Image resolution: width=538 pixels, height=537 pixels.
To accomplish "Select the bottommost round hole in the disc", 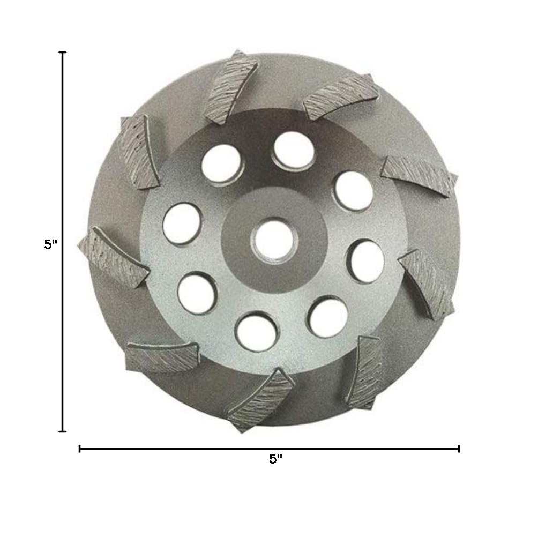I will click(252, 330).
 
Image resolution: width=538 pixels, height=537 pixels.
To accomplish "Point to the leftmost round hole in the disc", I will click(180, 221).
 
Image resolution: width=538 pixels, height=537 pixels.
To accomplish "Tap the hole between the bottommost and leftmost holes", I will click(193, 292).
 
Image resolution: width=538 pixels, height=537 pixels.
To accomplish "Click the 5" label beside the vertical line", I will click(50, 244).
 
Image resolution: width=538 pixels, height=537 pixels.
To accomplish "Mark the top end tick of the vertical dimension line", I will click(63, 53).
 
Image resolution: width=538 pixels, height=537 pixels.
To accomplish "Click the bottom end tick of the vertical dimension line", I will click(63, 430).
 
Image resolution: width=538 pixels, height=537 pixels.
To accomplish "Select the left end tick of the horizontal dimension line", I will click(80, 449).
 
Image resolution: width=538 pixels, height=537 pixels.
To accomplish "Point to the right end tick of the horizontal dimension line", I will click(459, 449).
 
